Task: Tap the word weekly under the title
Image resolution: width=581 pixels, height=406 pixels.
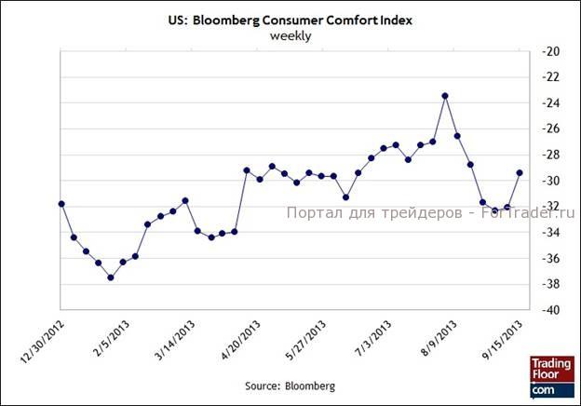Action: (290, 36)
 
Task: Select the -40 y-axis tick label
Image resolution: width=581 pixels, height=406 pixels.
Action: (549, 310)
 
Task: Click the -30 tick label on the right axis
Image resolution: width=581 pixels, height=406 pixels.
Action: (549, 180)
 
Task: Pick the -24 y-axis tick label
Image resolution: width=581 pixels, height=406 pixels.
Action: (549, 102)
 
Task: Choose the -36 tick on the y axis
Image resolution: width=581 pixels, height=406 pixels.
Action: (549, 258)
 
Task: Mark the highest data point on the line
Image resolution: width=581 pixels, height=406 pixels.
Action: (445, 96)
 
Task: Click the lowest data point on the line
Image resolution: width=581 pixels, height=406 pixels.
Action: (111, 277)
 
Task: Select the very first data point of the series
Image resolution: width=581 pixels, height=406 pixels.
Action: (61, 203)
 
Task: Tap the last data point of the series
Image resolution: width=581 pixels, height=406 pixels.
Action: (520, 172)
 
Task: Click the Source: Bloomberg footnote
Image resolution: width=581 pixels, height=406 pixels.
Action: (290, 385)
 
